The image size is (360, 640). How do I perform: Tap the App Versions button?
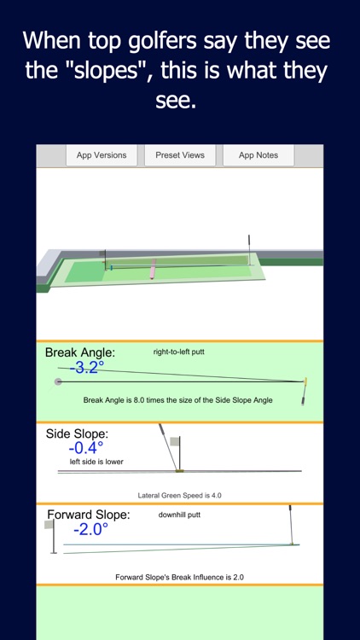pyautogui.click(x=102, y=155)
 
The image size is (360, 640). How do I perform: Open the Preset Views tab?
pyautogui.click(x=180, y=155)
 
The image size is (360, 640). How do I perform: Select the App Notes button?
pyautogui.click(x=258, y=155)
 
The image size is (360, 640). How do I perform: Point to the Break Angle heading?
pyautogui.click(x=80, y=352)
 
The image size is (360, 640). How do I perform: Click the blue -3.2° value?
pyautogui.click(x=87, y=368)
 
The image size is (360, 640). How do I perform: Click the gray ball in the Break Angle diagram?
pyautogui.click(x=58, y=381)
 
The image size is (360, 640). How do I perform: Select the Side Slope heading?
pyautogui.click(x=78, y=433)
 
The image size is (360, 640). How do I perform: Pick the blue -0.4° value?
pyautogui.click(x=87, y=448)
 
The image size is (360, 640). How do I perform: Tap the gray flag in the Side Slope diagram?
pyautogui.click(x=176, y=441)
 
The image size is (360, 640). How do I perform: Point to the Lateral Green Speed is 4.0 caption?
pyautogui.click(x=180, y=495)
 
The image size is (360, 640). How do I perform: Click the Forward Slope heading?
pyautogui.click(x=89, y=515)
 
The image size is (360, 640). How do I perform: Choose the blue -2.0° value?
pyautogui.click(x=90, y=529)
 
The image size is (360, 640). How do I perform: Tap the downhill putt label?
pyautogui.click(x=179, y=515)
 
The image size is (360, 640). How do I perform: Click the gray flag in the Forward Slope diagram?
pyautogui.click(x=49, y=525)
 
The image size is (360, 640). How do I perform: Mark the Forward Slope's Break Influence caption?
pyautogui.click(x=180, y=577)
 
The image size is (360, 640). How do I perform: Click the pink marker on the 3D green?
pyautogui.click(x=153, y=272)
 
